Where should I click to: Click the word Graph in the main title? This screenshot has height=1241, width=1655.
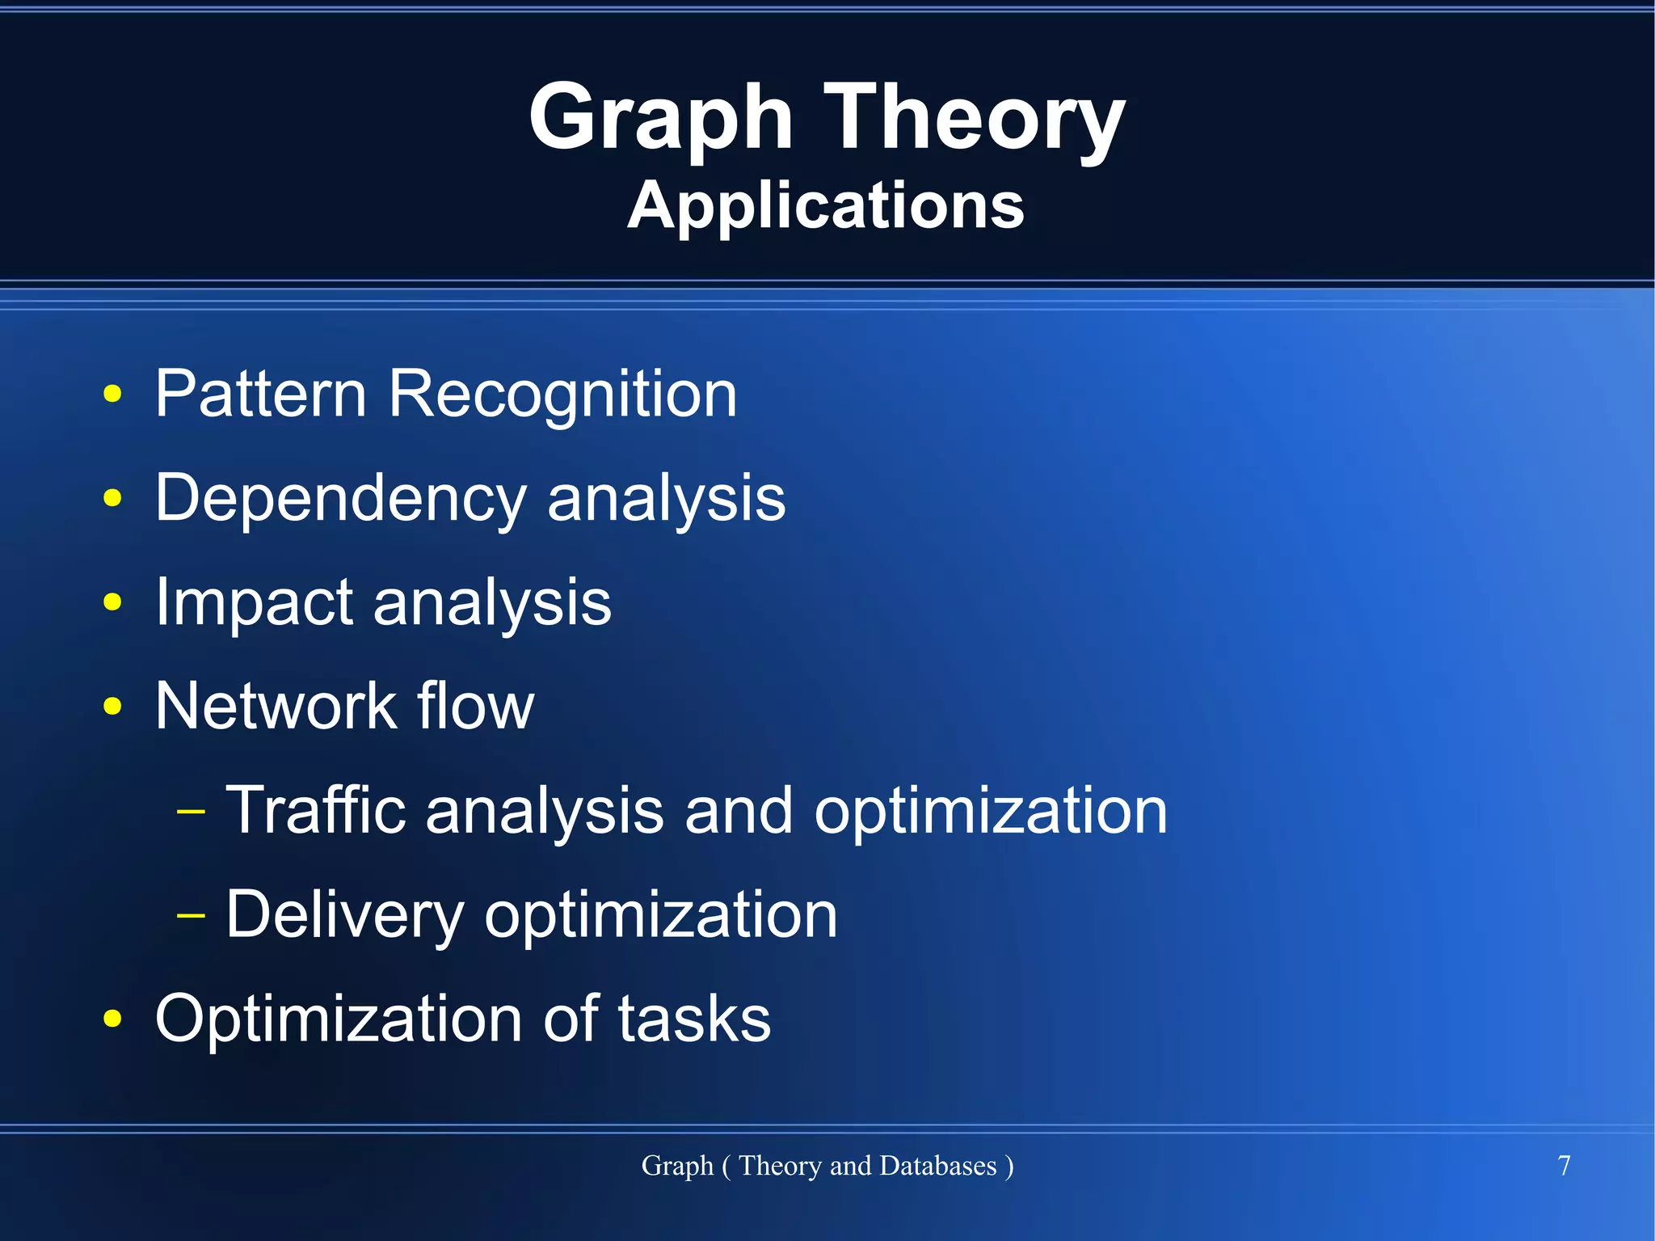(x=660, y=119)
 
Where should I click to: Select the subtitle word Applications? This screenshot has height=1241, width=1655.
(x=826, y=205)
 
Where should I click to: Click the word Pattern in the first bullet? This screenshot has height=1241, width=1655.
(x=260, y=394)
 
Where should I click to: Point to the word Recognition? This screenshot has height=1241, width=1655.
(x=562, y=394)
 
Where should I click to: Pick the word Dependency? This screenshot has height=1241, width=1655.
(x=340, y=499)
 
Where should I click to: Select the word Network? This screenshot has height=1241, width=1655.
(x=276, y=706)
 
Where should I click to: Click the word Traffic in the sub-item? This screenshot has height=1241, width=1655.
(x=315, y=810)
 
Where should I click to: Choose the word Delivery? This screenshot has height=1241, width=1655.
(x=344, y=914)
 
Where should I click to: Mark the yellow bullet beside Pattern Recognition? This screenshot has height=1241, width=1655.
(x=112, y=395)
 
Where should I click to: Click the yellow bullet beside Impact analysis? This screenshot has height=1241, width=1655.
(x=112, y=602)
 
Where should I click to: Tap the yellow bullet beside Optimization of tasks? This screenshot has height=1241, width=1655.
(x=112, y=1019)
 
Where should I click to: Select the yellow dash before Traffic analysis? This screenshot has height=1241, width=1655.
(x=191, y=811)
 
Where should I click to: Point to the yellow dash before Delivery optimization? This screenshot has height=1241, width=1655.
(x=191, y=915)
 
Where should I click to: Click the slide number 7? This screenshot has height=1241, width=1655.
(x=1564, y=1166)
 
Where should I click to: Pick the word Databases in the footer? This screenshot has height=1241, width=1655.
(x=937, y=1166)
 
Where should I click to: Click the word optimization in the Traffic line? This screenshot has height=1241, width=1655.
(x=991, y=812)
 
